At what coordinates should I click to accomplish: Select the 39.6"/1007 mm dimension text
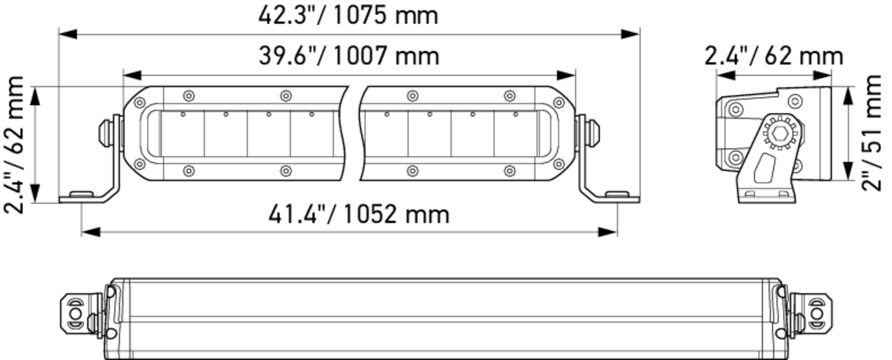click(x=349, y=56)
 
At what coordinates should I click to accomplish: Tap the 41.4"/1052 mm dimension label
click(x=359, y=215)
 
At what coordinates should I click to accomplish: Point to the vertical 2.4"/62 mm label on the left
click(x=14, y=145)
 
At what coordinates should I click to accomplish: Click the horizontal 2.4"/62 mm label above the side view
click(x=774, y=57)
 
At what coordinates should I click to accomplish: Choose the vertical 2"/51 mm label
click(x=871, y=133)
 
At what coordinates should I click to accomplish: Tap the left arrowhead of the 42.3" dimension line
click(x=68, y=34)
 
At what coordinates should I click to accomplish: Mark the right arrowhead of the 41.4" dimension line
click(x=607, y=232)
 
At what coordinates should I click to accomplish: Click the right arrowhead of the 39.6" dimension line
click(x=566, y=76)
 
